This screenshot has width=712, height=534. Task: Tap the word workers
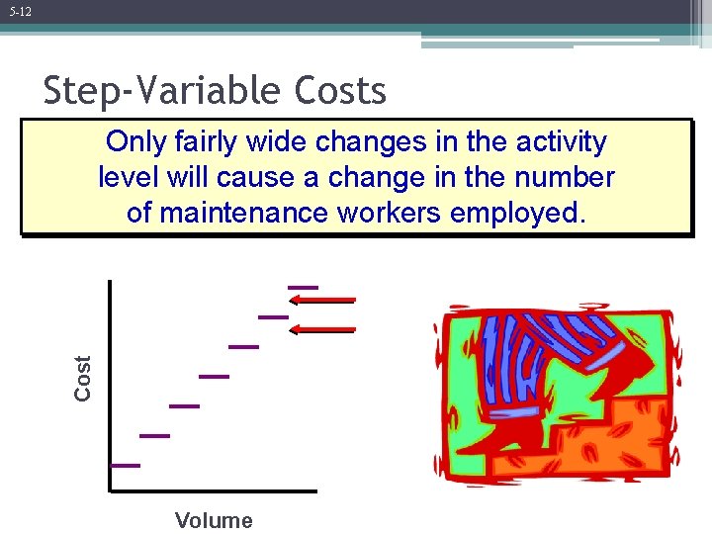point(396,212)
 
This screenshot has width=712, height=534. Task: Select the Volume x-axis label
point(214,520)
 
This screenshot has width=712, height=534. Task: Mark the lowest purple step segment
point(125,465)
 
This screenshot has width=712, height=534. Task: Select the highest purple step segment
point(303,287)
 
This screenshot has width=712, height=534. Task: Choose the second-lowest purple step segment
point(154,435)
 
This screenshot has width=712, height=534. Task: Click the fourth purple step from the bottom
point(214,377)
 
